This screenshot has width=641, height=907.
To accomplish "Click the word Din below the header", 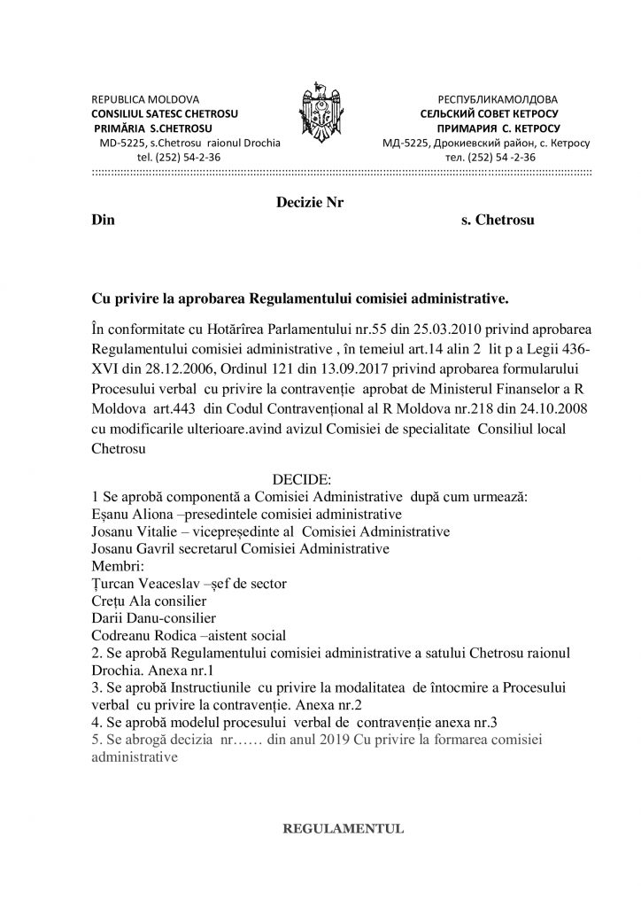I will pos(104,218).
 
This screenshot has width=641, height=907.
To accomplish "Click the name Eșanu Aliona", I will pos(134,514).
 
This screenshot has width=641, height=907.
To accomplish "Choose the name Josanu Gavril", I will pos(135,549).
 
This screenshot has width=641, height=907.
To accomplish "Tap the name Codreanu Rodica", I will pos(143,634).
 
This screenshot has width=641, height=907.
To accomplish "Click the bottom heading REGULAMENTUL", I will pos(342,829).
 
